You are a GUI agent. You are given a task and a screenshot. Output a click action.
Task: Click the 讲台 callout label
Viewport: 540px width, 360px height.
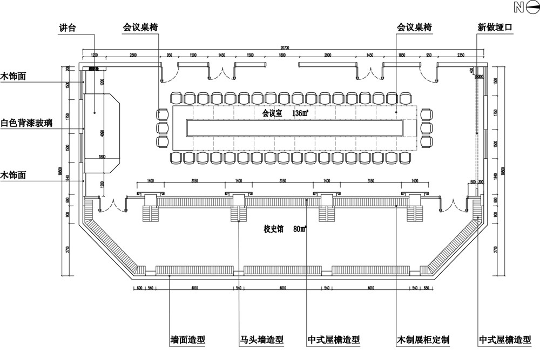(67, 27)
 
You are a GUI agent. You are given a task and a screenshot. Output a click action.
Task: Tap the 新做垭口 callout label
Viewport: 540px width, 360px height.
(494, 27)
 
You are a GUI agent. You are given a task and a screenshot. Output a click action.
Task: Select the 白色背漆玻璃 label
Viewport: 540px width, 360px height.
(26, 123)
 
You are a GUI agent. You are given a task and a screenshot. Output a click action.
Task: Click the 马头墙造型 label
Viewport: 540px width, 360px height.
(262, 341)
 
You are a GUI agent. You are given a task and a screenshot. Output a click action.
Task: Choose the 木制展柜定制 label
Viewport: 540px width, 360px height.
(423, 341)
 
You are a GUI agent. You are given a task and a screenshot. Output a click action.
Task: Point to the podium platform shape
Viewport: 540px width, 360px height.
(103, 132)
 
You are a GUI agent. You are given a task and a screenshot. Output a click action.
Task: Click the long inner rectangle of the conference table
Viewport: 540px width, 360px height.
(295, 127)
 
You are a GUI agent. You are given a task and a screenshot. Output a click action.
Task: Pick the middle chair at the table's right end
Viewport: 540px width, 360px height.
(427, 128)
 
